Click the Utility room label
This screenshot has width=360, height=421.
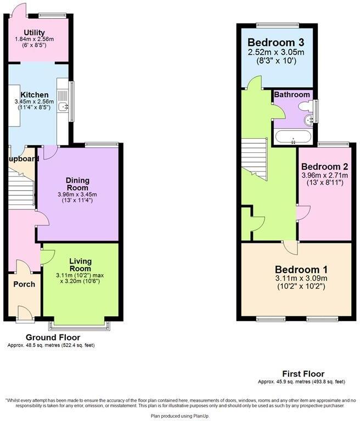(x=34, y=33)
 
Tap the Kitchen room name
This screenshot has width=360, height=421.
(x=35, y=95)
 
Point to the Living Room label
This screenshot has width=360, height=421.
(x=80, y=265)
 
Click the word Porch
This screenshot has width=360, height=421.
(x=24, y=284)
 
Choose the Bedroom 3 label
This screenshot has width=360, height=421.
(x=275, y=42)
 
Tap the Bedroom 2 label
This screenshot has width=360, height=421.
(x=324, y=167)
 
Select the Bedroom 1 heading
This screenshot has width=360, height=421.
(x=301, y=270)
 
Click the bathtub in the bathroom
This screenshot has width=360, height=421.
(x=292, y=137)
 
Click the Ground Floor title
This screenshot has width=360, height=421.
(x=53, y=337)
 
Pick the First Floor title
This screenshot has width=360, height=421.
(x=302, y=374)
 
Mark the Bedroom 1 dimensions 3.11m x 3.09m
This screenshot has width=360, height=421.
(x=301, y=278)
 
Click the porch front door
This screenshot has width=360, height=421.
(x=24, y=314)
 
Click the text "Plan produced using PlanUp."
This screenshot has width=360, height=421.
(x=180, y=416)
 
